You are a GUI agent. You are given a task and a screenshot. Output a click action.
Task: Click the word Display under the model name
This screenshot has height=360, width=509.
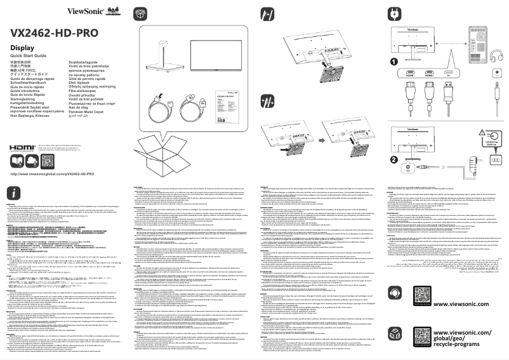[x=23, y=48]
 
